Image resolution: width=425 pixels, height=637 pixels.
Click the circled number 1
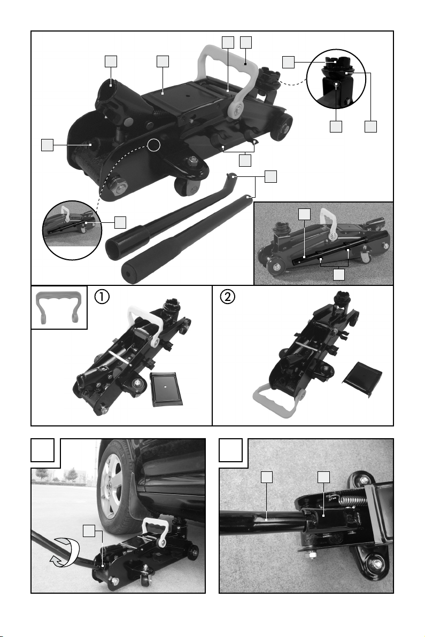click(102, 297)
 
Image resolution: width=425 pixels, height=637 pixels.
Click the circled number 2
click(228, 297)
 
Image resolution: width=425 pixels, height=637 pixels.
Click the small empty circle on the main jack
click(153, 145)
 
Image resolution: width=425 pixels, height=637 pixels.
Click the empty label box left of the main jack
click(47, 145)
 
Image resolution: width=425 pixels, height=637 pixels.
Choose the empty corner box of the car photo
click(43, 450)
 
